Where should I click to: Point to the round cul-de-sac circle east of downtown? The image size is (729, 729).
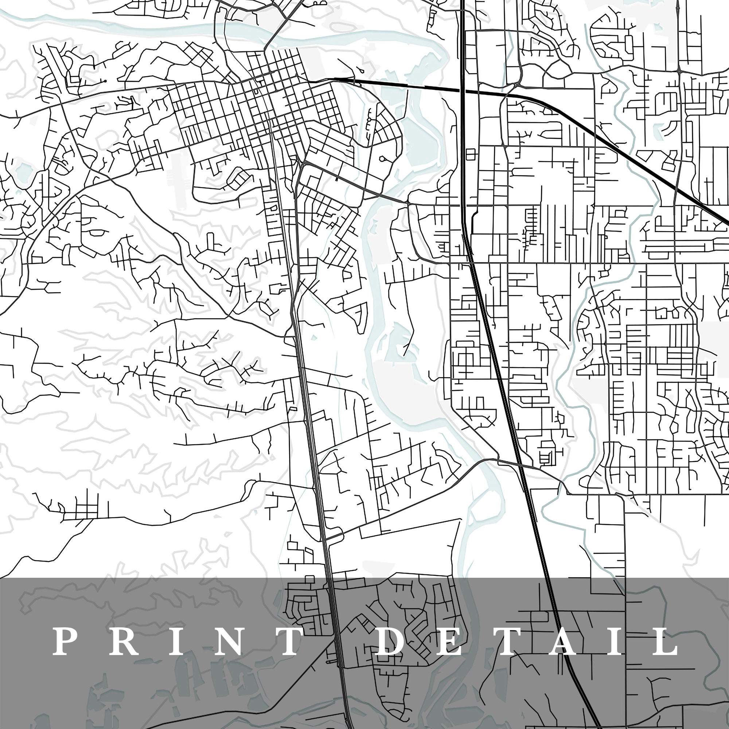pos(383,159)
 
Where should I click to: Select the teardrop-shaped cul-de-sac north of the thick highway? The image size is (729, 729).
pos(362,70)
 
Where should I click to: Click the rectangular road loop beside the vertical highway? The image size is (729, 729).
pos(471,154)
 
